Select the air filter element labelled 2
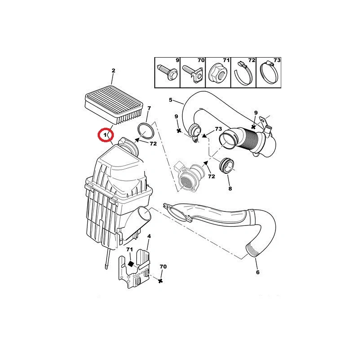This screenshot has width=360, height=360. (x=114, y=104)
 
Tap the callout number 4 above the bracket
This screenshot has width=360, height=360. (x=149, y=236)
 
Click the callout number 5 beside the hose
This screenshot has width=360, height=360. (x=171, y=100)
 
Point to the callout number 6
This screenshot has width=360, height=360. (x=257, y=272)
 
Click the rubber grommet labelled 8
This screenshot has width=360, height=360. (x=227, y=166)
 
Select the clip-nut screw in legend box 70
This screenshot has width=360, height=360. (x=193, y=73)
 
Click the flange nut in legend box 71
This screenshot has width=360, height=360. (x=218, y=73)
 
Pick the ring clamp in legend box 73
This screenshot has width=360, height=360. (x=269, y=73)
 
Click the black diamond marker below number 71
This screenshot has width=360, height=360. (x=130, y=264)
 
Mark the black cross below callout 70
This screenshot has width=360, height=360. (x=161, y=280)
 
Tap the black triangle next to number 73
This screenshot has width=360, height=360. (x=204, y=135)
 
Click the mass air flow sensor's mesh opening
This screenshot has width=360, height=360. (x=185, y=182)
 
